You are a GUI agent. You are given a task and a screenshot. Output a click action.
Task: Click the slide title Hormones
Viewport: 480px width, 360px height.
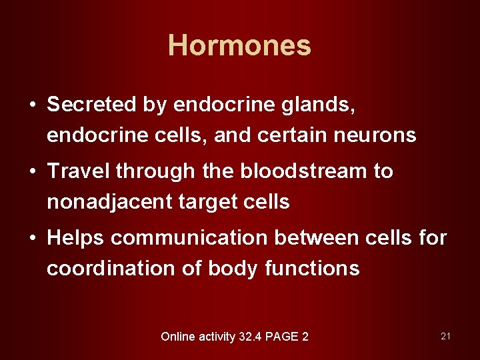[239, 45]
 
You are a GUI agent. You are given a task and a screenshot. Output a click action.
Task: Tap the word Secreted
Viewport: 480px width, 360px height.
[91, 104]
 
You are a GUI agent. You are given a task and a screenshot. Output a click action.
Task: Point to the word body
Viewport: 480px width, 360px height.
[233, 269]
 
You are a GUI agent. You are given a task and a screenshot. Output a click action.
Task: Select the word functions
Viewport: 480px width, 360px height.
[312, 268]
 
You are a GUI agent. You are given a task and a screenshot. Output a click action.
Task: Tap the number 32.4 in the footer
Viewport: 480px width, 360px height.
[250, 337]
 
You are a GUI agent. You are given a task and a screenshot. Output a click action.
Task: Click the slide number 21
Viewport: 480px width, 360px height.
[445, 336]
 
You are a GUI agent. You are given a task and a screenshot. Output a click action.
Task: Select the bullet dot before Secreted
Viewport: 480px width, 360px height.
[31, 105]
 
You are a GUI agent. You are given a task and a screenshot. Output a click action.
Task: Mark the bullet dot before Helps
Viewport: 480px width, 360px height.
[31, 239]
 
